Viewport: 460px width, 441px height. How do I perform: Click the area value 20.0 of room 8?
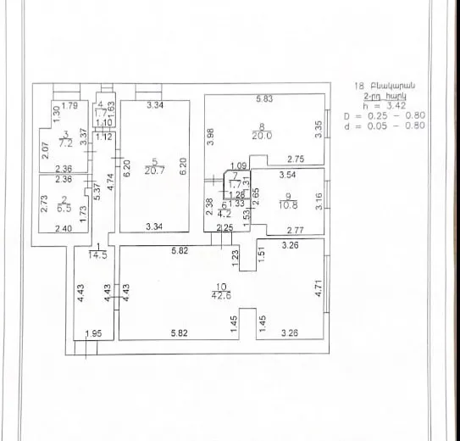click(267, 135)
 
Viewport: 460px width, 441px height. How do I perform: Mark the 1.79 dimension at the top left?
click(70, 106)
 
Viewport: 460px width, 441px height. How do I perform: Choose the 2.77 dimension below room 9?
click(295, 229)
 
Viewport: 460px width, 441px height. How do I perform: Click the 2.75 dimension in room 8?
click(296, 159)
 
